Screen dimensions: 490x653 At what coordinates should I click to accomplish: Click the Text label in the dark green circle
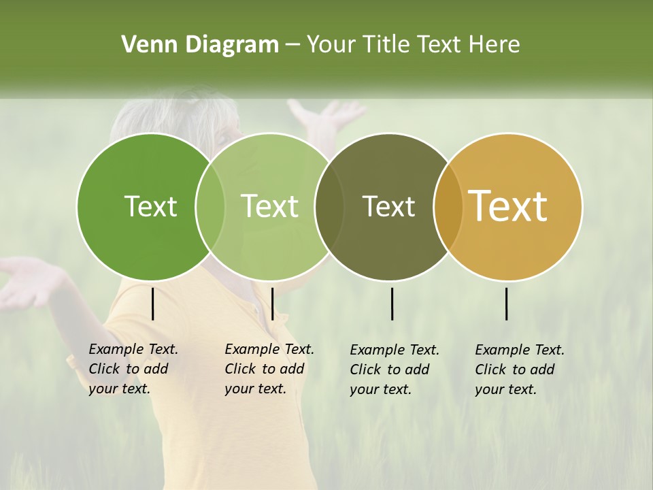[x=150, y=206]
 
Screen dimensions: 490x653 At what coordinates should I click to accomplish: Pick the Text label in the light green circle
[x=270, y=206]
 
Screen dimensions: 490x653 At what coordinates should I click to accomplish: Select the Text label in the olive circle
[x=388, y=206]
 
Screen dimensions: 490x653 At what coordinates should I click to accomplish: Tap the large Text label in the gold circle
[x=508, y=206]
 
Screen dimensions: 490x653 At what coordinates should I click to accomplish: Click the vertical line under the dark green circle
[x=153, y=304]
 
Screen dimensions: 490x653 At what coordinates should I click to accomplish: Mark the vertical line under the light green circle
[x=272, y=304]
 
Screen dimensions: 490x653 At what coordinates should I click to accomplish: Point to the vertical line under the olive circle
[x=392, y=304]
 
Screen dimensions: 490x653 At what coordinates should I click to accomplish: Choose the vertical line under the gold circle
[x=507, y=304]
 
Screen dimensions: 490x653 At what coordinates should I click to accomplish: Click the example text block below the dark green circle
[x=133, y=369]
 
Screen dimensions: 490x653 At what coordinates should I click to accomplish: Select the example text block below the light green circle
[x=269, y=369]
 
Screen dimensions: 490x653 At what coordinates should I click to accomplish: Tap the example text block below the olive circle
[x=394, y=370]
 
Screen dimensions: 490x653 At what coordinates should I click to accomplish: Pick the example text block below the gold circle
[x=519, y=370]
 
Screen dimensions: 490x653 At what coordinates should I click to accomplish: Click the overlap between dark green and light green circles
[x=210, y=206]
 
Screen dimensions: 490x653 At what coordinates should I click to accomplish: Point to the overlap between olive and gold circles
[x=448, y=206]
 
